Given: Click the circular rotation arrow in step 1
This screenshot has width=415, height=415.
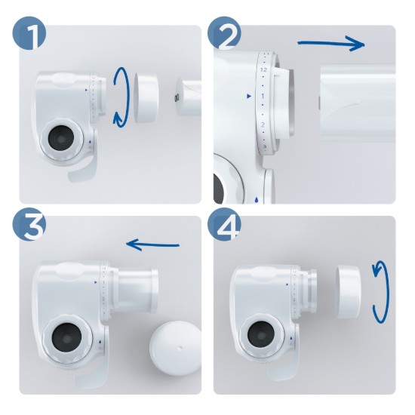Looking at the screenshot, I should coord(120,94).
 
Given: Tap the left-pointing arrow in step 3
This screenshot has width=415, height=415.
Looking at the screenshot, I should coord(153,244).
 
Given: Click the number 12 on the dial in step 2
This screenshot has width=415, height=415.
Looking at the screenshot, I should coord(263,69).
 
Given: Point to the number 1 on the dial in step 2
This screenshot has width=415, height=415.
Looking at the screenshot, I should coord(263,97).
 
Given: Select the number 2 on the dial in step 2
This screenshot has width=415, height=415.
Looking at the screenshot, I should coord(263,124).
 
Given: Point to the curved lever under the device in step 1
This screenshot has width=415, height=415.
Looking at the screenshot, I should coord(83,171).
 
